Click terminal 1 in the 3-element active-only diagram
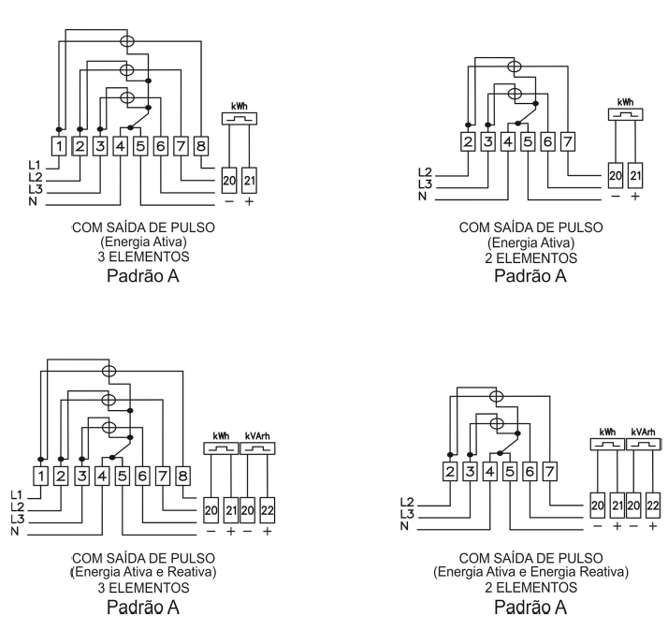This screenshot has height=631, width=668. click(x=59, y=146)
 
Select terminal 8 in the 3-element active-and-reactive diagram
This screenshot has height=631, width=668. click(x=182, y=476)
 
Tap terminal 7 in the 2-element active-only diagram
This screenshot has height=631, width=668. click(x=568, y=141)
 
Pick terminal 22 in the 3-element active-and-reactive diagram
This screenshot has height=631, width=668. click(x=268, y=510)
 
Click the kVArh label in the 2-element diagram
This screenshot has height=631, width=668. click(x=643, y=433)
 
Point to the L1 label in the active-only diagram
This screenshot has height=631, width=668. click(x=35, y=165)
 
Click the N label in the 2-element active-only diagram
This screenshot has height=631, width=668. click(x=422, y=197)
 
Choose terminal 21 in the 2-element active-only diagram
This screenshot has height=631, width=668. click(x=635, y=176)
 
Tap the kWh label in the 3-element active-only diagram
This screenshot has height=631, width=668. click(x=240, y=106)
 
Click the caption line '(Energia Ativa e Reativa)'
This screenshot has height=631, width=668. click(x=143, y=572)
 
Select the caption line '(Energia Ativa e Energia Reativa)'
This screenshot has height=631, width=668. click(x=530, y=572)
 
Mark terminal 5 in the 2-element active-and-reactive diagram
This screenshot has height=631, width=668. click(x=510, y=472)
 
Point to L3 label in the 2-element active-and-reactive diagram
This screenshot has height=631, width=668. click(x=407, y=514)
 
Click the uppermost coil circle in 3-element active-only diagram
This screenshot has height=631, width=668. click(x=127, y=41)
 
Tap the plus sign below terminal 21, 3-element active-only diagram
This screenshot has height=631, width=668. click(x=249, y=201)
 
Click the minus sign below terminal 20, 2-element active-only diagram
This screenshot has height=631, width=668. click(x=616, y=196)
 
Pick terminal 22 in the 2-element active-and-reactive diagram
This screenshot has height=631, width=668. click(x=653, y=506)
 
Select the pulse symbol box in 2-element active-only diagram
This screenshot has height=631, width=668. click(x=625, y=114)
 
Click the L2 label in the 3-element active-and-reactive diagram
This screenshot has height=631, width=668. click(x=18, y=507)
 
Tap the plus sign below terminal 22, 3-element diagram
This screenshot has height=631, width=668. click(x=268, y=531)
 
